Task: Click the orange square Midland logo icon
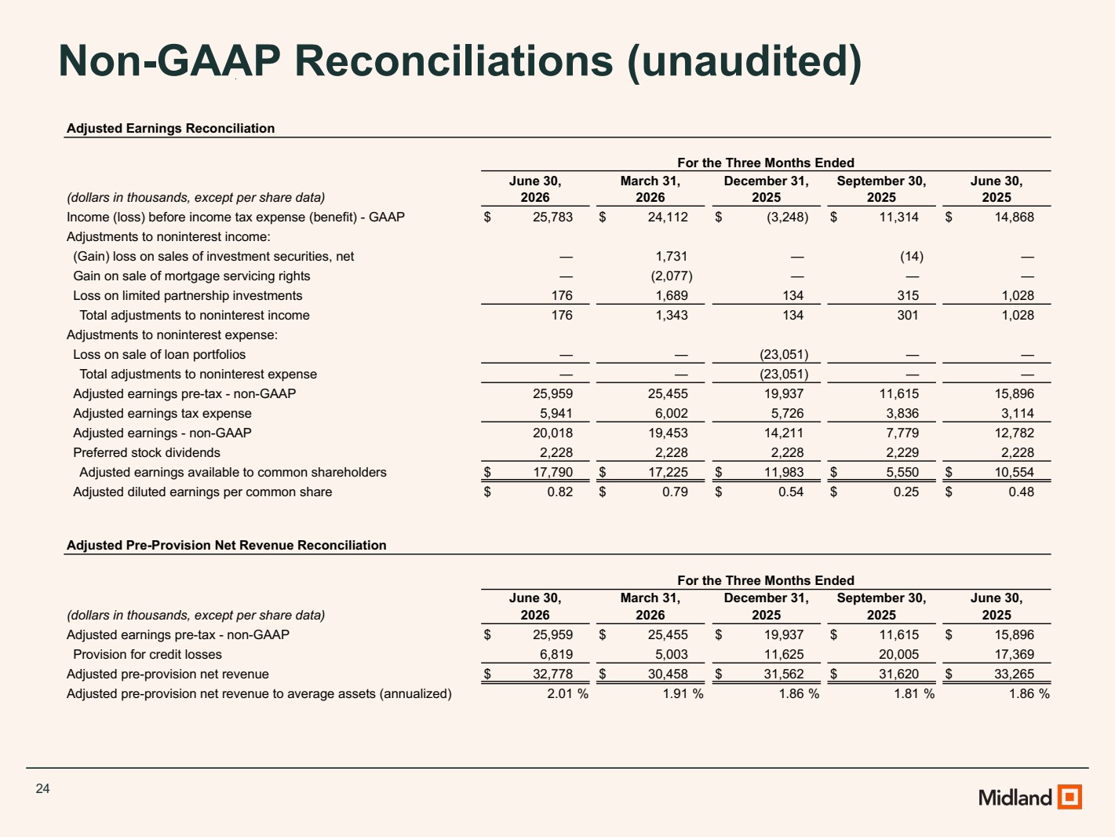(1069, 796)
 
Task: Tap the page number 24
(42, 788)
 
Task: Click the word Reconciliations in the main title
(454, 61)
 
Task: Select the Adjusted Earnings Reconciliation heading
(171, 128)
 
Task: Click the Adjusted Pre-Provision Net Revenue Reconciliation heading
(227, 545)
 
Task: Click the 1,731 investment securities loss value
(672, 256)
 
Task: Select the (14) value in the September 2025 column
(911, 256)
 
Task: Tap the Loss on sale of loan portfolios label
(159, 354)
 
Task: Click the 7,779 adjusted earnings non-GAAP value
(902, 433)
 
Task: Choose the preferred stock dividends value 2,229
(902, 452)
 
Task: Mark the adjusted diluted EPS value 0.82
(559, 492)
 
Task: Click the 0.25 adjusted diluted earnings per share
(905, 492)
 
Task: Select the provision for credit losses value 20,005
(898, 654)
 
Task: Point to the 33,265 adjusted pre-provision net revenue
(1014, 674)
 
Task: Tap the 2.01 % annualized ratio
(567, 693)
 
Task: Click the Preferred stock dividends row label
(146, 452)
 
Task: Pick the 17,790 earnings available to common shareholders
(552, 472)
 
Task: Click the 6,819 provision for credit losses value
(556, 654)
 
